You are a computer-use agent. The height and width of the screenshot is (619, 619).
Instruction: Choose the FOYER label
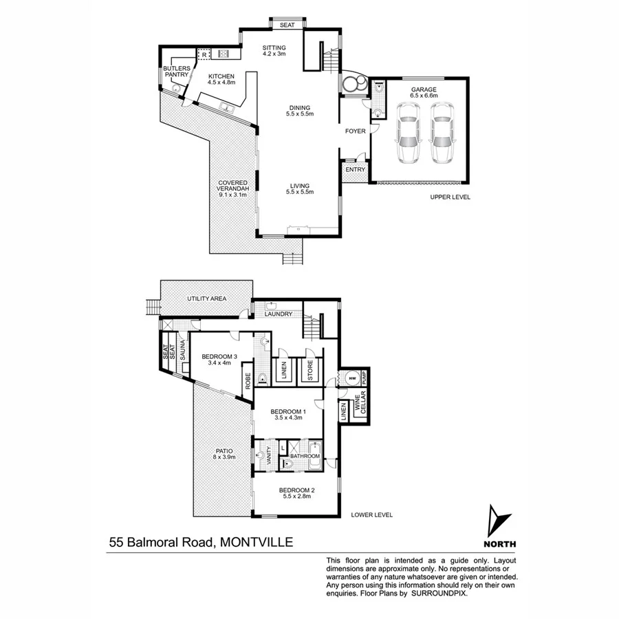point(355,131)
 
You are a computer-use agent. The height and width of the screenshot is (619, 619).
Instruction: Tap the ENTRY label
point(355,169)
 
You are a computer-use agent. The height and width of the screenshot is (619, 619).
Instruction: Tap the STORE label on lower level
point(310,370)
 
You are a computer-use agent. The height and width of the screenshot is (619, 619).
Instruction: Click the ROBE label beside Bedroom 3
point(246,381)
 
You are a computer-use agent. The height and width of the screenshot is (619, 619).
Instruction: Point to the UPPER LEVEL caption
point(450,197)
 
